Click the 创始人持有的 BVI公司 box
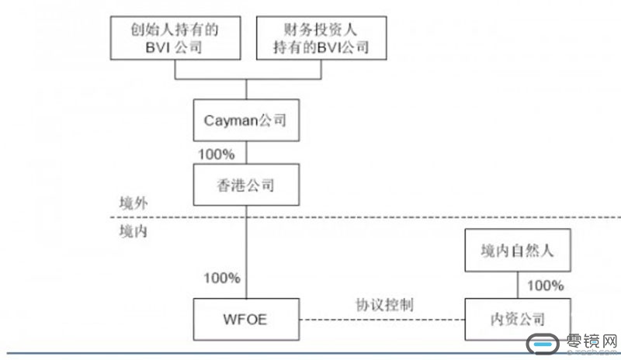pyautogui.click(x=174, y=39)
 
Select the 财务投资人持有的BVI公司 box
pyautogui.click(x=320, y=39)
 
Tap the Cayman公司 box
pyautogui.click(x=246, y=120)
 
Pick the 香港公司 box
pyautogui.click(x=246, y=186)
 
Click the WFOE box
pyautogui.click(x=246, y=319)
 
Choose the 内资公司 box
pyautogui.click(x=516, y=319)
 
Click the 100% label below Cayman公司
pyautogui.click(x=217, y=154)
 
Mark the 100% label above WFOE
pyautogui.click(x=220, y=278)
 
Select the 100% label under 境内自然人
pyautogui.click(x=545, y=286)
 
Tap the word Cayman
pyautogui.click(x=233, y=120)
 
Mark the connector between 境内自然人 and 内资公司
pyautogui.click(x=516, y=285)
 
